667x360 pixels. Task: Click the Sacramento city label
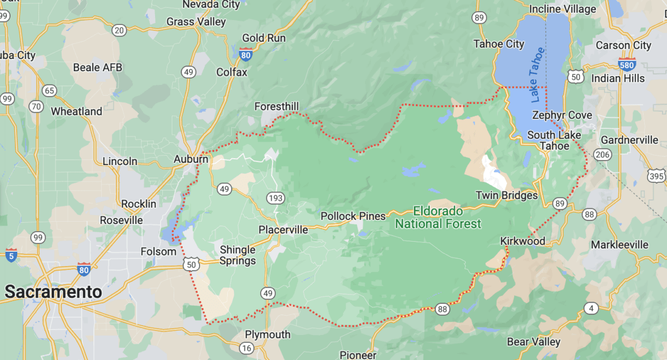tap(53, 292)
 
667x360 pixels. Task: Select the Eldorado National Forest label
tap(438, 218)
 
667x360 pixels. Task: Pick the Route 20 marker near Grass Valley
tap(119, 30)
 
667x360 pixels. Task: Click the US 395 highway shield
tap(656, 176)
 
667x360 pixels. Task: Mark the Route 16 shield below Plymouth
tap(247, 348)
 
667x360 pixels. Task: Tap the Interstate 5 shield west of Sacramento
tap(11, 256)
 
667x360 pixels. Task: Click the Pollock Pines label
tap(353, 216)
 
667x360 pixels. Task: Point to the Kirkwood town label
tap(522, 241)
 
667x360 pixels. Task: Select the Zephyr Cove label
tap(562, 115)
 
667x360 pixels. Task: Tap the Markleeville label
tap(620, 244)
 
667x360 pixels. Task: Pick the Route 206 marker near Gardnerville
tap(602, 154)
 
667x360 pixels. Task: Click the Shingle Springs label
tap(238, 255)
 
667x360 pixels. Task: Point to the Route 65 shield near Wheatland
tap(49, 91)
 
